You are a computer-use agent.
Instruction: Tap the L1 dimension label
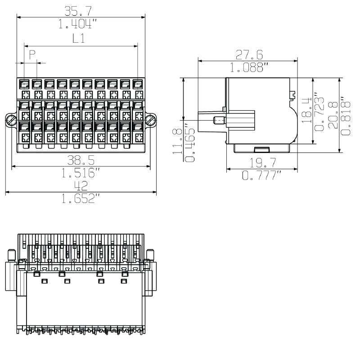[79, 39]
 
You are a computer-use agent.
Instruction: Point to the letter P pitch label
[32, 55]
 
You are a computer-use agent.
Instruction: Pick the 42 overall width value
[81, 186]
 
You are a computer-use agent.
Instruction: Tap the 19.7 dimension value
[261, 163]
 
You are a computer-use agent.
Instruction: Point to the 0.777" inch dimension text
[261, 175]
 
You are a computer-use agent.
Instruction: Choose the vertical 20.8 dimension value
[333, 115]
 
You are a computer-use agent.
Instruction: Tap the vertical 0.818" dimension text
[346, 115]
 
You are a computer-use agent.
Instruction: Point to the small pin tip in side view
[218, 121]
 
